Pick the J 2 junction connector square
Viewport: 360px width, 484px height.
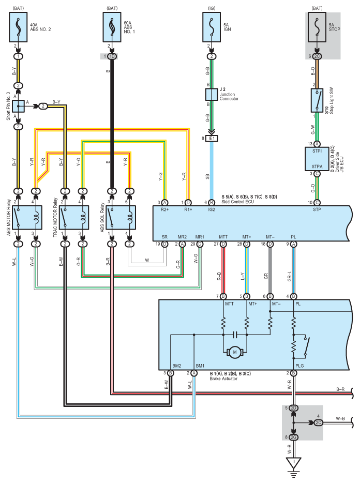coord(212,94)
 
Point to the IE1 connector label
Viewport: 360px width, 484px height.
coord(212,139)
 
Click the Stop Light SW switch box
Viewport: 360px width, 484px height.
coord(317,100)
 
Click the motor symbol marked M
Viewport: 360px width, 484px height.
coord(235,352)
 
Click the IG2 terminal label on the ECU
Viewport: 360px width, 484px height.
coord(212,210)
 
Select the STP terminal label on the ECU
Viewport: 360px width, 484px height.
coord(317,210)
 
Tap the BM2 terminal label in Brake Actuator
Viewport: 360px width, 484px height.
coord(176,365)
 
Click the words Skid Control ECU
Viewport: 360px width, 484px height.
coord(238,202)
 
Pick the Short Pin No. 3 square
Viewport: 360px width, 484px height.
coord(18,107)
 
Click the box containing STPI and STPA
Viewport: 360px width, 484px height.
coord(317,159)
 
